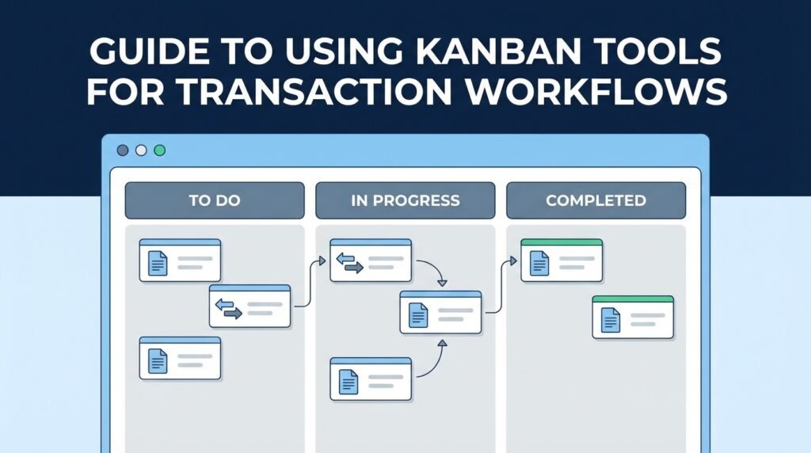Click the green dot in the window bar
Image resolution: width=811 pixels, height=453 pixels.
click(160, 150)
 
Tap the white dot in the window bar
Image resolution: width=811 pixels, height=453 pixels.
click(141, 150)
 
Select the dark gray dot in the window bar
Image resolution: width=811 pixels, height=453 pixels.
click(123, 150)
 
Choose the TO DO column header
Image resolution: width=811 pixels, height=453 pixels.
click(214, 200)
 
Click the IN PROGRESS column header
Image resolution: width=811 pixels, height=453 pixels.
click(405, 200)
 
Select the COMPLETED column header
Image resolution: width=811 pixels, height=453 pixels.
click(596, 200)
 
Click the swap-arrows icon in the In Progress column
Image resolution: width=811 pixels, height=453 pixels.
click(349, 263)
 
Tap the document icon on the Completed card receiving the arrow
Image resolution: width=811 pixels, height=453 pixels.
click(540, 263)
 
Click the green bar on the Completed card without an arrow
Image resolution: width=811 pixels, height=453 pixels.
click(633, 299)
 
